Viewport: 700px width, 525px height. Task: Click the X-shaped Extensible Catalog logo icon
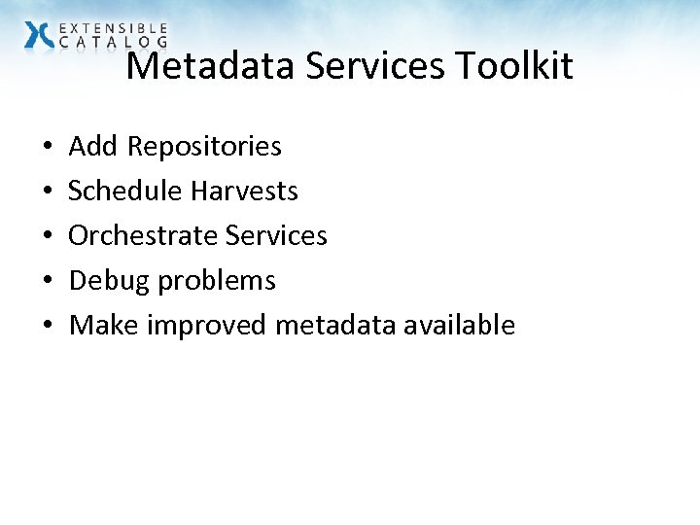pyautogui.click(x=40, y=35)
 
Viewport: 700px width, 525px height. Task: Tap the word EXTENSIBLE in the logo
pyautogui.click(x=114, y=29)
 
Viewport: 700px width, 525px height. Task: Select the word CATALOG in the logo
pyautogui.click(x=114, y=43)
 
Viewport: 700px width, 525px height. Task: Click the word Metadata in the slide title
pyautogui.click(x=211, y=66)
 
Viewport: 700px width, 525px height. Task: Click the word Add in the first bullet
pyautogui.click(x=93, y=146)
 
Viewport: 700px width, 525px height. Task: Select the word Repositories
pyautogui.click(x=204, y=147)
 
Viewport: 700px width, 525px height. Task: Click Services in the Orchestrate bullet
pyautogui.click(x=276, y=235)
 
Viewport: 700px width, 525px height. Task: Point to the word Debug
pyautogui.click(x=110, y=281)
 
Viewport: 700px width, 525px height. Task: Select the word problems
pyautogui.click(x=217, y=281)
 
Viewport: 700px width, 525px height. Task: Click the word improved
pyautogui.click(x=207, y=326)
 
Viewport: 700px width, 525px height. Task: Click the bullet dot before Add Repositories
pyautogui.click(x=48, y=148)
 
